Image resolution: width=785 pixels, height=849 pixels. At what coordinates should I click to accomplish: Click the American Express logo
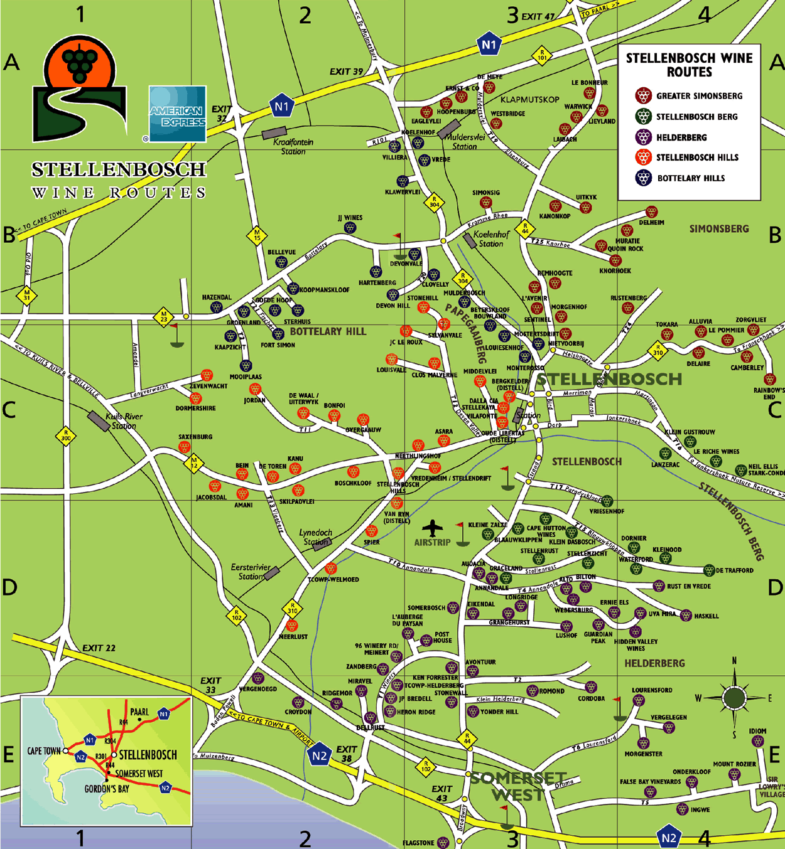coord(178,114)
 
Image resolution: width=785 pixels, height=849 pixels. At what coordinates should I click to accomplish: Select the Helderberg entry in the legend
coord(681,137)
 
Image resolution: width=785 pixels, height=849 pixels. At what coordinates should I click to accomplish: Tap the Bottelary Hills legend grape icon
coord(643,178)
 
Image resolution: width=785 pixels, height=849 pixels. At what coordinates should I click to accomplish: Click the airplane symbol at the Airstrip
coord(432,528)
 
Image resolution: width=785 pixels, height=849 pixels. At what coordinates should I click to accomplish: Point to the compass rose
coord(734,697)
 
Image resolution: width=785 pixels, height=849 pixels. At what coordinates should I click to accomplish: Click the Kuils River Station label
coord(124,421)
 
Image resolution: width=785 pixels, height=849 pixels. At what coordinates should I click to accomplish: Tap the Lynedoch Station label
coord(315,537)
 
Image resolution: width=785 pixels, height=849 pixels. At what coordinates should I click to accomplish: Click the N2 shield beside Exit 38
coord(319,756)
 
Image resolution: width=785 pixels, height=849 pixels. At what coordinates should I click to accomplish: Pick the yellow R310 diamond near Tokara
coord(658,350)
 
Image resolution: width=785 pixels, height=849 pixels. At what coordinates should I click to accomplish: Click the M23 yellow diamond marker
coord(163,316)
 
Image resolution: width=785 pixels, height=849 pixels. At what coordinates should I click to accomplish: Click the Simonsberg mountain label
coord(719,229)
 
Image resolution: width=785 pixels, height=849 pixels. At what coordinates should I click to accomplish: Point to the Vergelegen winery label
coord(668,717)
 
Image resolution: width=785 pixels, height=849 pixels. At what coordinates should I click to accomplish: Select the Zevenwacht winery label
coord(208,387)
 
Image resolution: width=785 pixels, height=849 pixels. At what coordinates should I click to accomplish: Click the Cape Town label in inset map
coord(43,751)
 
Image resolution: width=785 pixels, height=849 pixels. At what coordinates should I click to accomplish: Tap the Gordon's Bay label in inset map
coord(107,789)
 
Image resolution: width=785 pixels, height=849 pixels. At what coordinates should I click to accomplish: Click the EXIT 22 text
coord(99,648)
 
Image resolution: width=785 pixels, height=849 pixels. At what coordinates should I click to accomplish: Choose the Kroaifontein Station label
coord(293,146)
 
